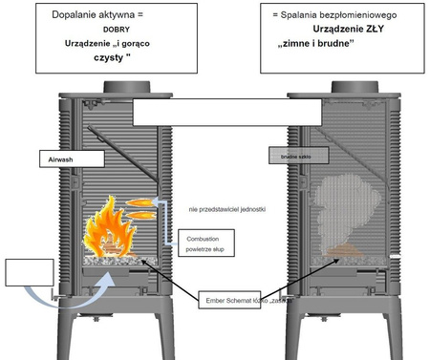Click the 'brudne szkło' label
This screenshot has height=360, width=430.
287,154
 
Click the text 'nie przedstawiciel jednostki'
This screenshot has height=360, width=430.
227,207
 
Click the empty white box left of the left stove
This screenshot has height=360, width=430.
24,272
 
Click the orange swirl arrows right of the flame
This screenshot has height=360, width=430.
143,207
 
